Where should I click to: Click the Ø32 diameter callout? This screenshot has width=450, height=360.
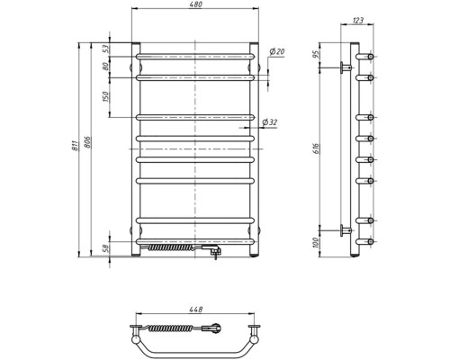pyautogui.click(x=271, y=123)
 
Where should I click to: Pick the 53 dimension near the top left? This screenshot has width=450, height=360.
pyautogui.click(x=106, y=49)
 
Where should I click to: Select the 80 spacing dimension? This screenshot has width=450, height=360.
pyautogui.click(x=106, y=66)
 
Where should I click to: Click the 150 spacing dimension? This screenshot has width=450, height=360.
pyautogui.click(x=106, y=96)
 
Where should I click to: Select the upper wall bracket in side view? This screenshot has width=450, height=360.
pyautogui.click(x=345, y=66)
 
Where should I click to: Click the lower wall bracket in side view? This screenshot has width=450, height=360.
pyautogui.click(x=345, y=229)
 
